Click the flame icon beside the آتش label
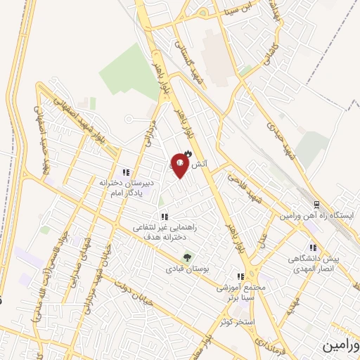[x=188, y=154]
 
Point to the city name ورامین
[x=340, y=346]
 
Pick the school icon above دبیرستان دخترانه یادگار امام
[x=125, y=172]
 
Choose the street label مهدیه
[x=295, y=307]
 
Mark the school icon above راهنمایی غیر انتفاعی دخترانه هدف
[x=165, y=217]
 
